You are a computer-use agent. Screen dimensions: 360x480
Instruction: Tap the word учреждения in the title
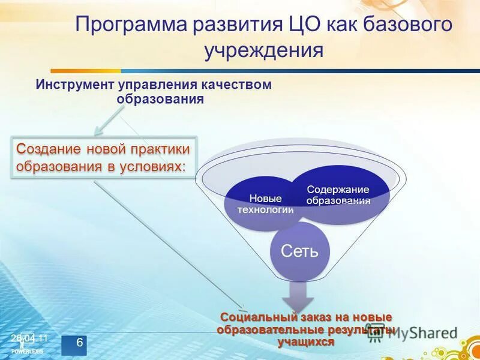click(263, 50)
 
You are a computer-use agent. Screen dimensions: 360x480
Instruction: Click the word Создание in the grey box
click(49, 148)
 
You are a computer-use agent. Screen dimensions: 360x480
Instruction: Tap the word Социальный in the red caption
click(249, 317)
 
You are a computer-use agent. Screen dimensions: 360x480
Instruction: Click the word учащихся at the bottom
click(305, 341)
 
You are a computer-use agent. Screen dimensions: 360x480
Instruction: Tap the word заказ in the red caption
click(298, 317)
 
